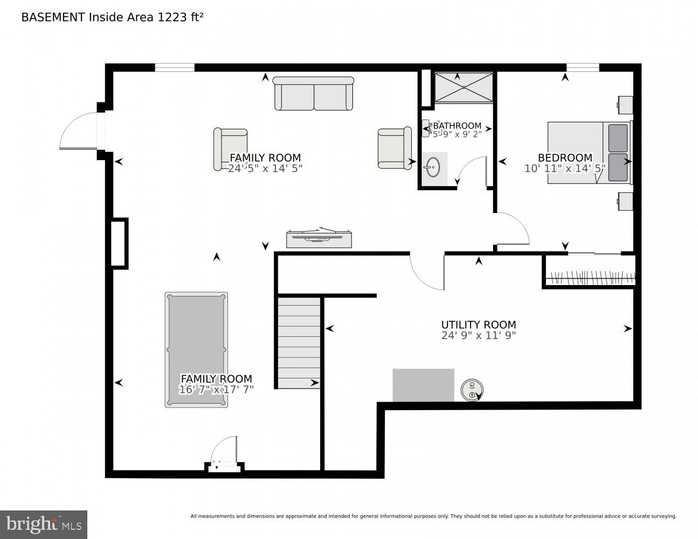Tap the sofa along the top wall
point(313,94)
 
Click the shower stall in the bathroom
point(464,87)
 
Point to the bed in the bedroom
point(589,153)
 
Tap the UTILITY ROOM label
point(478,324)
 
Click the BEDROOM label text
point(565,157)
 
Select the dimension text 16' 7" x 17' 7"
point(216,389)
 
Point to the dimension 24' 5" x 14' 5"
point(265,168)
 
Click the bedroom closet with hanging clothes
point(590,272)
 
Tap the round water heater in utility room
point(472,389)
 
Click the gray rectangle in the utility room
point(423,385)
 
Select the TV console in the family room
point(319,239)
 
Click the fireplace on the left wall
point(119,243)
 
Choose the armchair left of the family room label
point(230,149)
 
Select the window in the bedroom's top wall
point(582,67)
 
